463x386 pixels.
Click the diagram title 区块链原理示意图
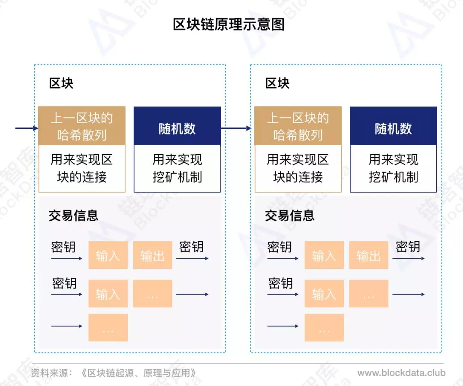click(228, 24)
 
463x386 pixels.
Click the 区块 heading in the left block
click(61, 83)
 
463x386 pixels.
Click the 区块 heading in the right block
click(277, 83)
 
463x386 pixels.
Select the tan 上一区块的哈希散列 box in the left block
click(82, 126)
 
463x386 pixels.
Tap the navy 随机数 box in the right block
click(393, 126)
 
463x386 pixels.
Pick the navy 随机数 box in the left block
click(177, 126)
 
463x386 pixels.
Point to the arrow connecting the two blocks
click(236, 128)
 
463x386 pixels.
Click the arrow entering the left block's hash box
click(27, 128)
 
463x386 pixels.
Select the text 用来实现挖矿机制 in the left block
click(177, 168)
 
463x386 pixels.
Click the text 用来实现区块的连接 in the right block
click(298, 168)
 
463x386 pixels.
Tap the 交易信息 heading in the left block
click(73, 216)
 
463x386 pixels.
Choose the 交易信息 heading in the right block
click(289, 216)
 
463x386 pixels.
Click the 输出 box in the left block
click(152, 255)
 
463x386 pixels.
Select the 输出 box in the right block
click(369, 255)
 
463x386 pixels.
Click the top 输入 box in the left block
click(108, 255)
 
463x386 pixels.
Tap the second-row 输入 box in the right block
click(324, 293)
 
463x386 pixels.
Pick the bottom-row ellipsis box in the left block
click(108, 328)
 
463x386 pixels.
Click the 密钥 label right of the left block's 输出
click(191, 246)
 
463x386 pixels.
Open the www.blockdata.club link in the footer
click(401, 373)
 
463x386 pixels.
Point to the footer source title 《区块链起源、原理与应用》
click(138, 373)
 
